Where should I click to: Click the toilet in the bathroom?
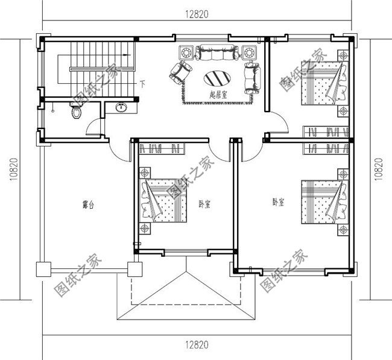(x=75, y=113)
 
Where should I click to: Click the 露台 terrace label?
(x=88, y=204)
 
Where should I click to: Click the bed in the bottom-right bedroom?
(x=323, y=201)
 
